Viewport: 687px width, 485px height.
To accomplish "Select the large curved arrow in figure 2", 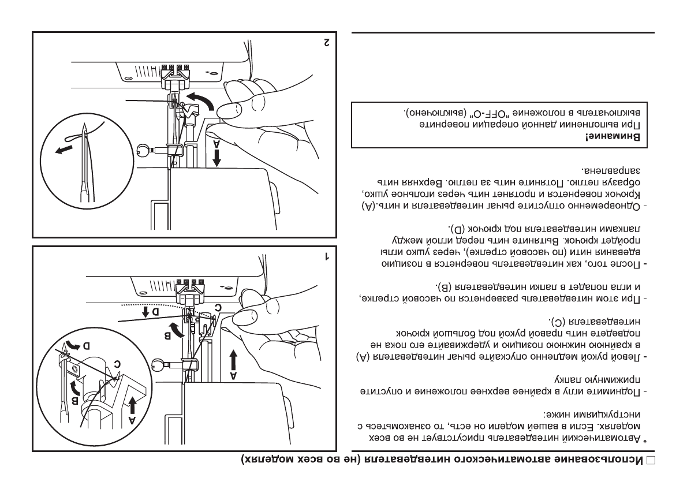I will point(201,101).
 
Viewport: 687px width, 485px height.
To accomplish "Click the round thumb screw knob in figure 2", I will point(144,151).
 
